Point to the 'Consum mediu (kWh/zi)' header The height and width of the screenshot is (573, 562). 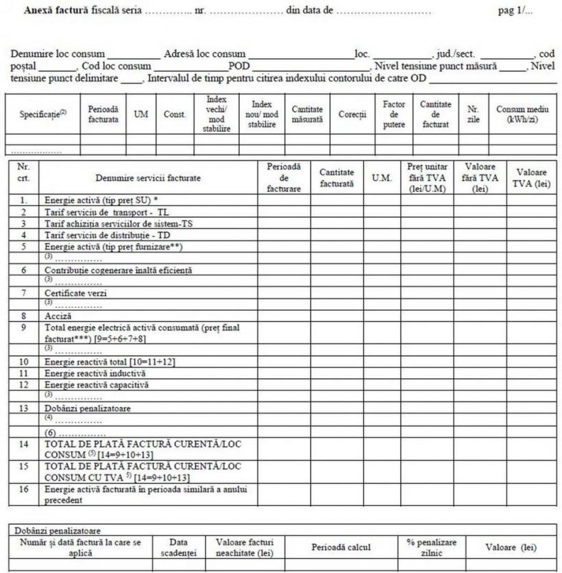point(522,114)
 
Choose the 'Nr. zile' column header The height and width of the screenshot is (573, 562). point(473,114)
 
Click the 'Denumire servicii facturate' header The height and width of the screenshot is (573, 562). point(148,178)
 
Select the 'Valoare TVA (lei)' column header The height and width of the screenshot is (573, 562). point(531,178)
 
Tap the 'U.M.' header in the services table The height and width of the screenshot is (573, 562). point(382,178)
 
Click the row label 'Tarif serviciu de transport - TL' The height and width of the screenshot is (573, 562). point(106,212)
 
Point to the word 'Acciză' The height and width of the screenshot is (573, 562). point(59,316)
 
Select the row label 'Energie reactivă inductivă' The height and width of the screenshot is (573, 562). point(95,373)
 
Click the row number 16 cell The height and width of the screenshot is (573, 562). point(24,489)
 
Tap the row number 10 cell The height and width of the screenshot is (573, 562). point(24,362)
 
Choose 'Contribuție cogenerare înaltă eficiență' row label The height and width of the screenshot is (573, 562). point(119,270)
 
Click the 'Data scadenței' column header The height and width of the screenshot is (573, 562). point(178,547)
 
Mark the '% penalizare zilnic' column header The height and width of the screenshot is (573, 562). point(431,547)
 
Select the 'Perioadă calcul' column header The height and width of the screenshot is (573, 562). point(341,547)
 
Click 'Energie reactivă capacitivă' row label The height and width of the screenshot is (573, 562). point(97,385)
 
